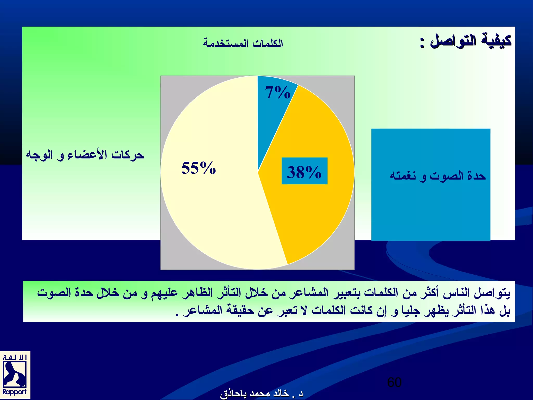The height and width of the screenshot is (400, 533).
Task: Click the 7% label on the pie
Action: [x=277, y=93]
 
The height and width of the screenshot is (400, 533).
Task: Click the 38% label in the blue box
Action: [x=304, y=172]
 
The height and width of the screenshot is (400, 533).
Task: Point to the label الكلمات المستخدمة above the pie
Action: [x=243, y=43]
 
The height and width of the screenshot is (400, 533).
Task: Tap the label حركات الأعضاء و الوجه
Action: [x=85, y=155]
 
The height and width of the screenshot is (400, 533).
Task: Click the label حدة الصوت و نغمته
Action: [x=438, y=176]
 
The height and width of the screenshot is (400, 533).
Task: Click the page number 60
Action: [x=394, y=382]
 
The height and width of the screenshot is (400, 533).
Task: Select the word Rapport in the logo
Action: [x=15, y=392]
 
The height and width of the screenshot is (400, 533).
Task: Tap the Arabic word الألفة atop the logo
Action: [x=15, y=357]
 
